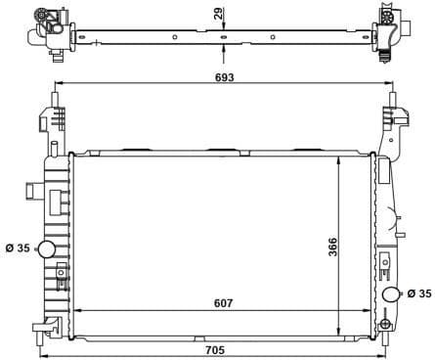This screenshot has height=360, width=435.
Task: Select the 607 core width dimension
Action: click(224, 302)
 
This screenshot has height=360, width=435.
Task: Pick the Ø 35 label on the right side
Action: click(418, 292)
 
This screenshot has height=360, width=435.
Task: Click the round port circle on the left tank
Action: click(46, 249)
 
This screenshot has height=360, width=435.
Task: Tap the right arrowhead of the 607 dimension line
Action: click(372, 313)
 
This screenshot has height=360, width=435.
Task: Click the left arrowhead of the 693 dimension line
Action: click(57, 86)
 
